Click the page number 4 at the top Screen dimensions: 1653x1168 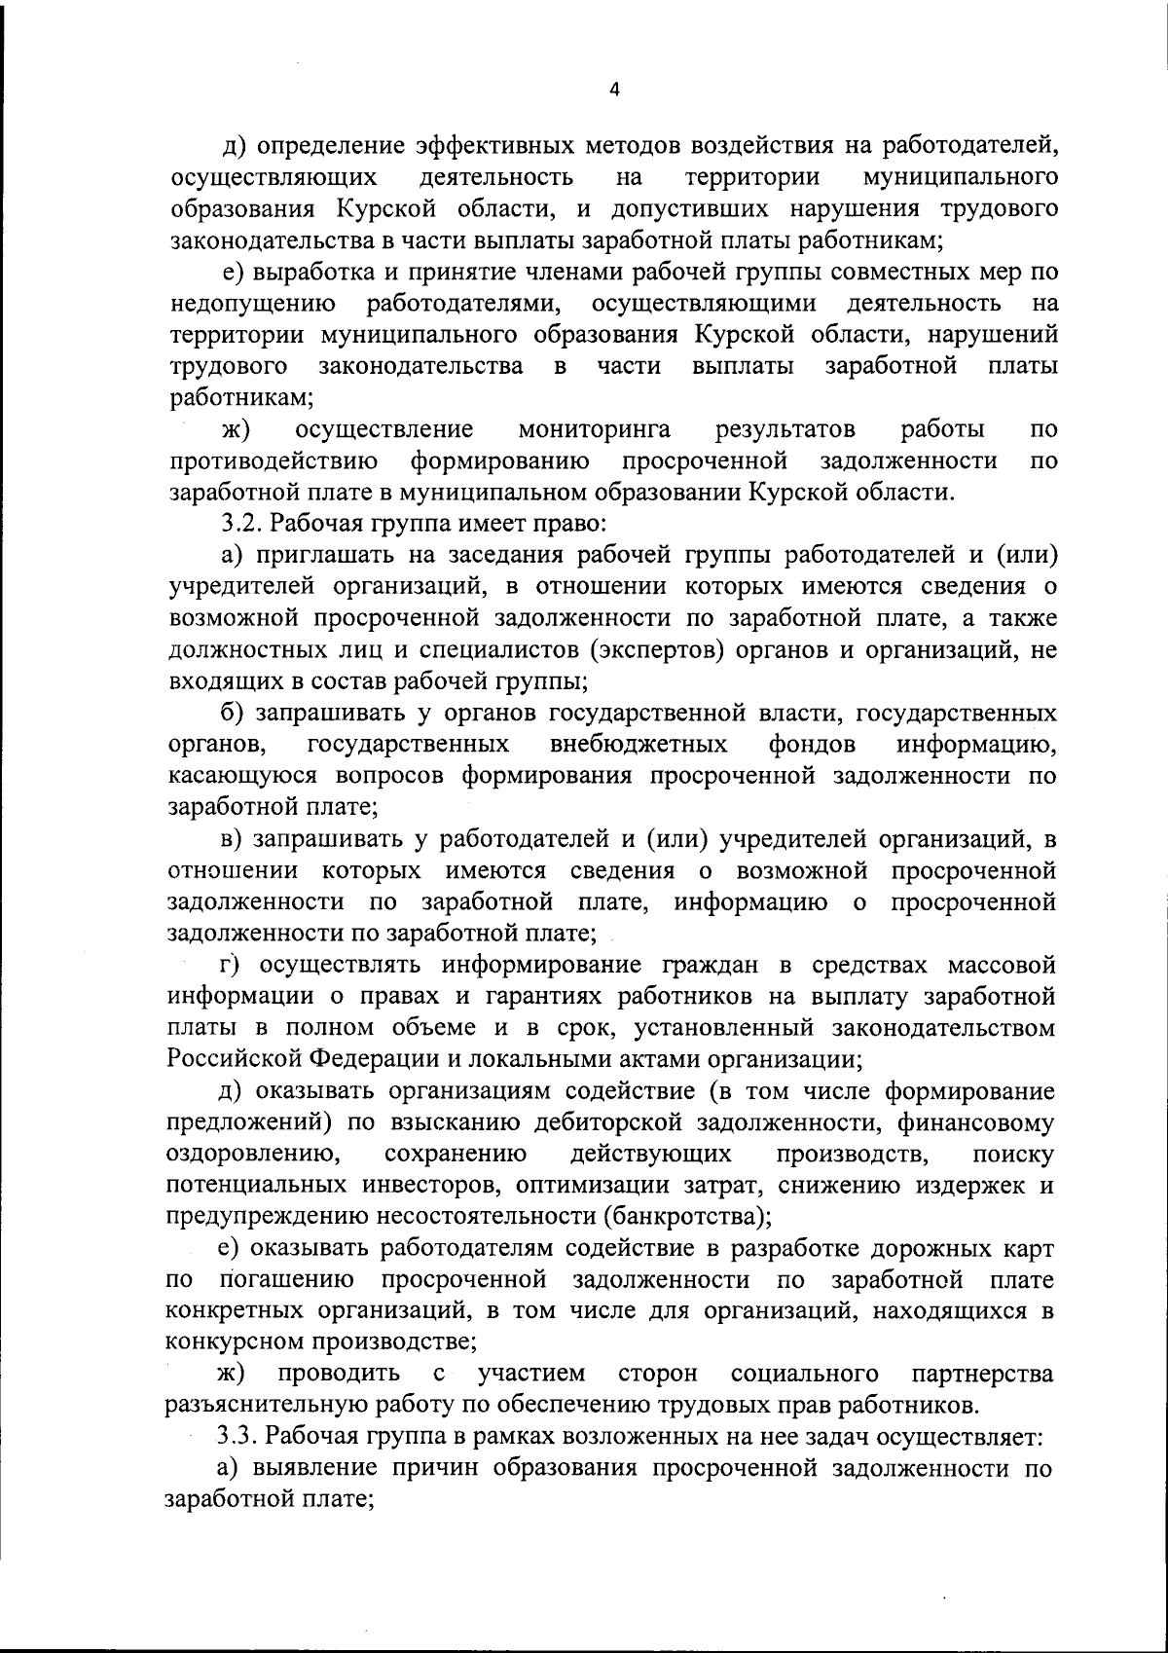pos(613,90)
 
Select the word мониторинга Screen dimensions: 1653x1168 pos(594,429)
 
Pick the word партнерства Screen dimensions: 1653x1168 pos(982,1375)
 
